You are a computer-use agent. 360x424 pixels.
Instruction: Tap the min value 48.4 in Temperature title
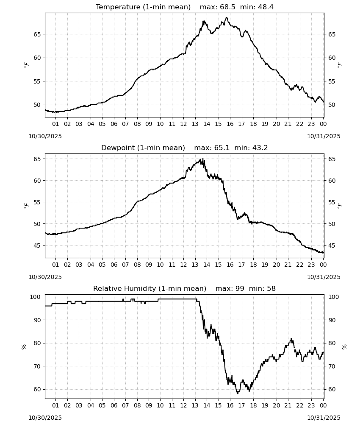point(266,7)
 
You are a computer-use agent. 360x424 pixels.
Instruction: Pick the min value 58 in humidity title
point(271,289)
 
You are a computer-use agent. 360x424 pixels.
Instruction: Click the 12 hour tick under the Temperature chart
point(184,124)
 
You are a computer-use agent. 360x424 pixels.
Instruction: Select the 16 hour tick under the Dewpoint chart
point(230,265)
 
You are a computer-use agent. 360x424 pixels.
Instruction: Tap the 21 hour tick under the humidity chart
point(288,406)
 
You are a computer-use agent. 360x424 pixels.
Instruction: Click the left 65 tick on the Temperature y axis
point(37,34)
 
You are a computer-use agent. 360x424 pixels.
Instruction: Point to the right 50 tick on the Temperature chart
point(332,105)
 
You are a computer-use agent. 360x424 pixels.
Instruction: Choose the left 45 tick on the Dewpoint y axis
point(37,245)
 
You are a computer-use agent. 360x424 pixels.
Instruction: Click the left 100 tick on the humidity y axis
point(35,297)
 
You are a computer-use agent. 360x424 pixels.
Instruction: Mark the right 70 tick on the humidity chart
point(332,366)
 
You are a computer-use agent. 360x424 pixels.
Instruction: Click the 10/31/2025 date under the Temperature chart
point(324,136)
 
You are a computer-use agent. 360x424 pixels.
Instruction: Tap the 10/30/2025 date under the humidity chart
point(45,418)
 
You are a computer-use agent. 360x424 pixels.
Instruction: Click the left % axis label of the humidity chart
point(24,347)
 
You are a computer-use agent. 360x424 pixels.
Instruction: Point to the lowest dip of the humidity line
point(238,393)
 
